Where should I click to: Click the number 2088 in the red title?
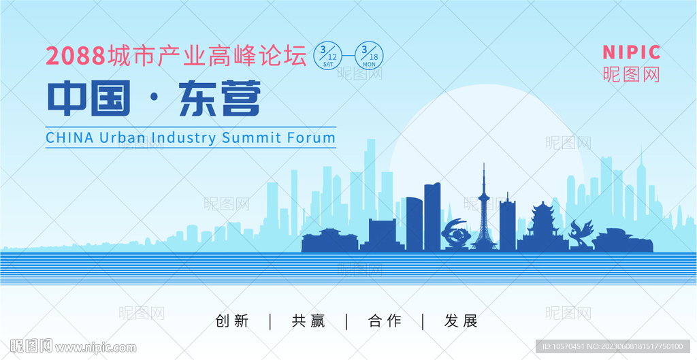[76, 56]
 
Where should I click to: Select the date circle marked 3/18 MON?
[369, 56]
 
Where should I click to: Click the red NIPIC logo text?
[631, 52]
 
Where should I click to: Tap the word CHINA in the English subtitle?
[69, 137]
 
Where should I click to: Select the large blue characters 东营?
[219, 98]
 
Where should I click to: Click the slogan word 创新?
[232, 321]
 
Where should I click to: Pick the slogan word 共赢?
[308, 321]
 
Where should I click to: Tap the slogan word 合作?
[385, 321]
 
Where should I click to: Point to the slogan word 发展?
[461, 321]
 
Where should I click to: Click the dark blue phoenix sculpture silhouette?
[581, 233]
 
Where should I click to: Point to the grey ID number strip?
[613, 346]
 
